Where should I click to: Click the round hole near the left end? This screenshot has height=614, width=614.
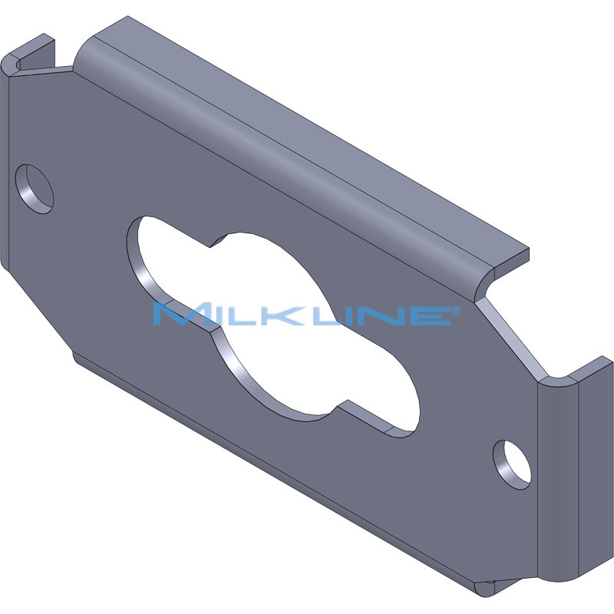pyautogui.click(x=35, y=188)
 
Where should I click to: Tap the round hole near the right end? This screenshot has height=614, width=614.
pyautogui.click(x=512, y=464)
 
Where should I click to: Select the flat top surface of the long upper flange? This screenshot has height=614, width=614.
pyautogui.click(x=307, y=130)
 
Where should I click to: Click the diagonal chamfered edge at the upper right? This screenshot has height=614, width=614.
pyautogui.click(x=510, y=338)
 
